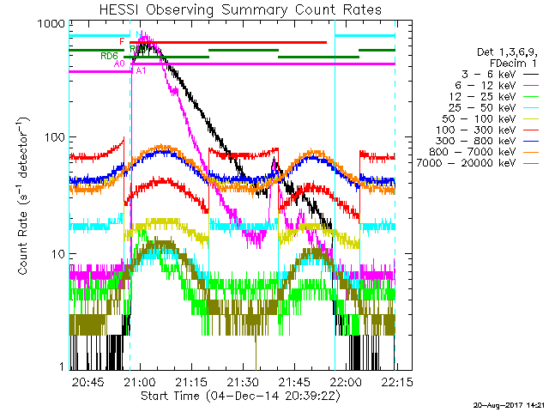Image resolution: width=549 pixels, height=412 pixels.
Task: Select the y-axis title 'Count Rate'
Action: tap(25, 196)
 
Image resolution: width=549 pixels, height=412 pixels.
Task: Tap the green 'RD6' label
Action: tap(109, 57)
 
